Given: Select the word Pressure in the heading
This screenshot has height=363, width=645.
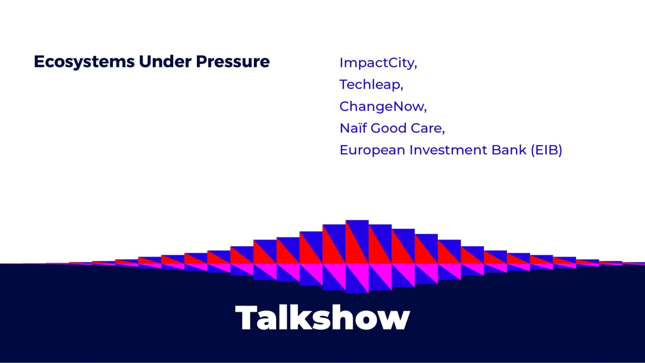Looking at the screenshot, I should point(233,62).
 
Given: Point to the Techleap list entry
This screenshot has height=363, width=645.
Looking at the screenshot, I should point(371,85).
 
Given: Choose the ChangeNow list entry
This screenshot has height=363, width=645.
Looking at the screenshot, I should point(382,106).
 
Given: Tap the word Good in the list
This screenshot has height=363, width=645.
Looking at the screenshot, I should point(389,128).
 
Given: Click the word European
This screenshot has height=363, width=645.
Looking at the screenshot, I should point(372,150).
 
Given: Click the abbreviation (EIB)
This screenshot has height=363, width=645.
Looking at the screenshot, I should point(547,150).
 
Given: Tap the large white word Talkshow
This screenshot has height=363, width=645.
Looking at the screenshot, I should point(322,318).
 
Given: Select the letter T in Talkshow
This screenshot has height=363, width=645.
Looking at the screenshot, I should point(247,318).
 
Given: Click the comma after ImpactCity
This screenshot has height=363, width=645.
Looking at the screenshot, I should point(416,67).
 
